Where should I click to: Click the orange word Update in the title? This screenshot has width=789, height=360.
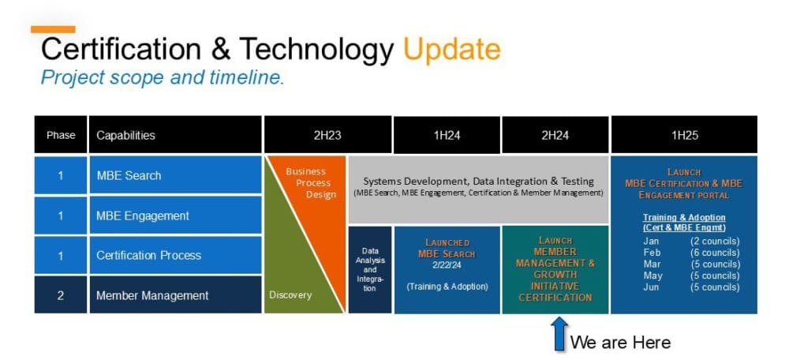(x=451, y=50)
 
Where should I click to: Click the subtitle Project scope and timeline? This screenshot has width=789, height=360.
(x=162, y=77)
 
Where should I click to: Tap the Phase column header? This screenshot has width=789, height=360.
(x=61, y=135)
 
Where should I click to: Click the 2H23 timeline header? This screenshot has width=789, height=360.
(x=327, y=135)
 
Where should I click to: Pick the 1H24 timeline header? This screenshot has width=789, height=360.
(x=447, y=135)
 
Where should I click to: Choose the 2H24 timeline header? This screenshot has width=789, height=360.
(x=555, y=135)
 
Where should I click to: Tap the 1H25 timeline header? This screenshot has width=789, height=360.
(x=684, y=135)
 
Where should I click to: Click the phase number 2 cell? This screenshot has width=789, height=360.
(x=61, y=295)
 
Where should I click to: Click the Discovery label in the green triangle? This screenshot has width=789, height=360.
(x=290, y=295)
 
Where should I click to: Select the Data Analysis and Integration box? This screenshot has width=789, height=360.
(x=370, y=270)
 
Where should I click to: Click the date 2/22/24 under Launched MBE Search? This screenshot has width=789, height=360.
(x=447, y=266)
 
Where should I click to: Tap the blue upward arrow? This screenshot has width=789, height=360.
(x=559, y=333)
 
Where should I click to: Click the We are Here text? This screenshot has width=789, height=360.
(x=620, y=342)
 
